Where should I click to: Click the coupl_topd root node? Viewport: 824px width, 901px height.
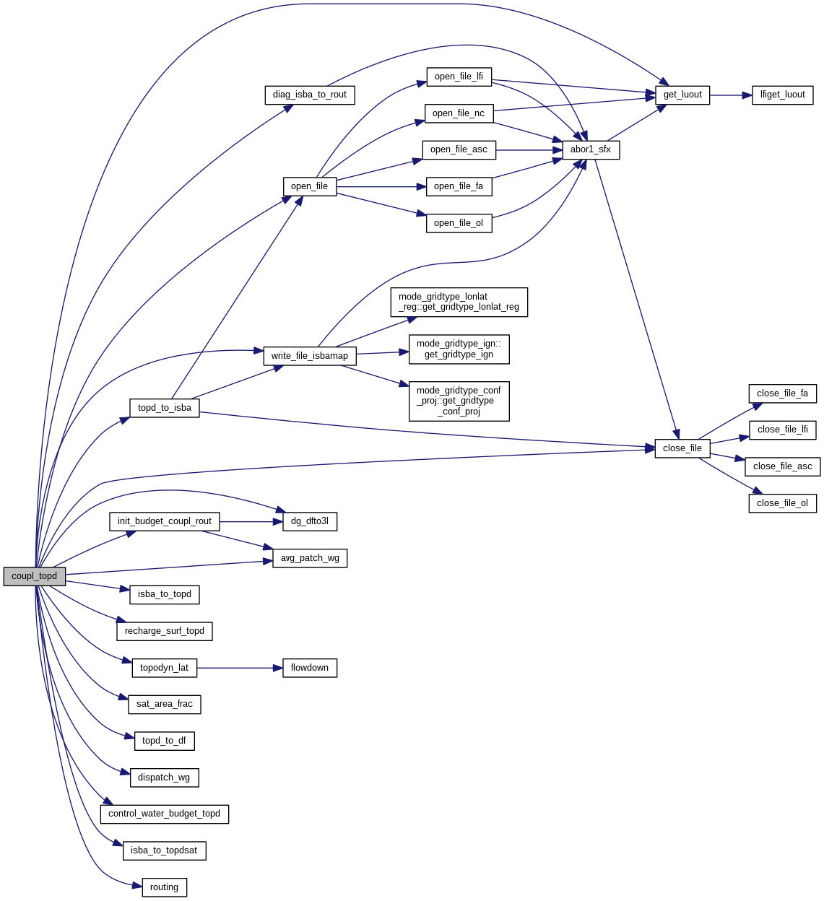[x=35, y=576]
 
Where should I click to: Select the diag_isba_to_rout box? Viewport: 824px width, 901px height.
[x=310, y=95]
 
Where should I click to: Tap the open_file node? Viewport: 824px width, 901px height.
[x=310, y=186]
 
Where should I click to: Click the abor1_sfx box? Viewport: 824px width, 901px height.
[x=591, y=149]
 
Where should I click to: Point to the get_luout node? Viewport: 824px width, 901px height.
[x=682, y=95]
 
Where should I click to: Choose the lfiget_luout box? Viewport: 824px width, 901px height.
[x=783, y=95]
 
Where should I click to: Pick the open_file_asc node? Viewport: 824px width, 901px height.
[x=459, y=149]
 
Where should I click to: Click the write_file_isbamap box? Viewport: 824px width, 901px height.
[x=310, y=356]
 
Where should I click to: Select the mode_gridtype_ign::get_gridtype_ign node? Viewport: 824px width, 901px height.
[x=459, y=349]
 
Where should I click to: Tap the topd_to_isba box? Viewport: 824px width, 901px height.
[x=165, y=408]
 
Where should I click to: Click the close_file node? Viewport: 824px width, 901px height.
[x=682, y=448]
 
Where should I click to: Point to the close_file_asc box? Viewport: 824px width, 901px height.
[x=783, y=466]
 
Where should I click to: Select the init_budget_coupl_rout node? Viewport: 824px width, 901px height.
[x=165, y=521]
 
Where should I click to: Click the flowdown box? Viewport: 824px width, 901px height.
[x=310, y=668]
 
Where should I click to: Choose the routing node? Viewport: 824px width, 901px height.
[x=165, y=887]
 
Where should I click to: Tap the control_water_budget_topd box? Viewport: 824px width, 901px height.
[x=165, y=814]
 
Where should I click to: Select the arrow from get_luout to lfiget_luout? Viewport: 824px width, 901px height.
[x=731, y=95]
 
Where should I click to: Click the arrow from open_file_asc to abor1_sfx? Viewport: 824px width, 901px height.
[x=529, y=149]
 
